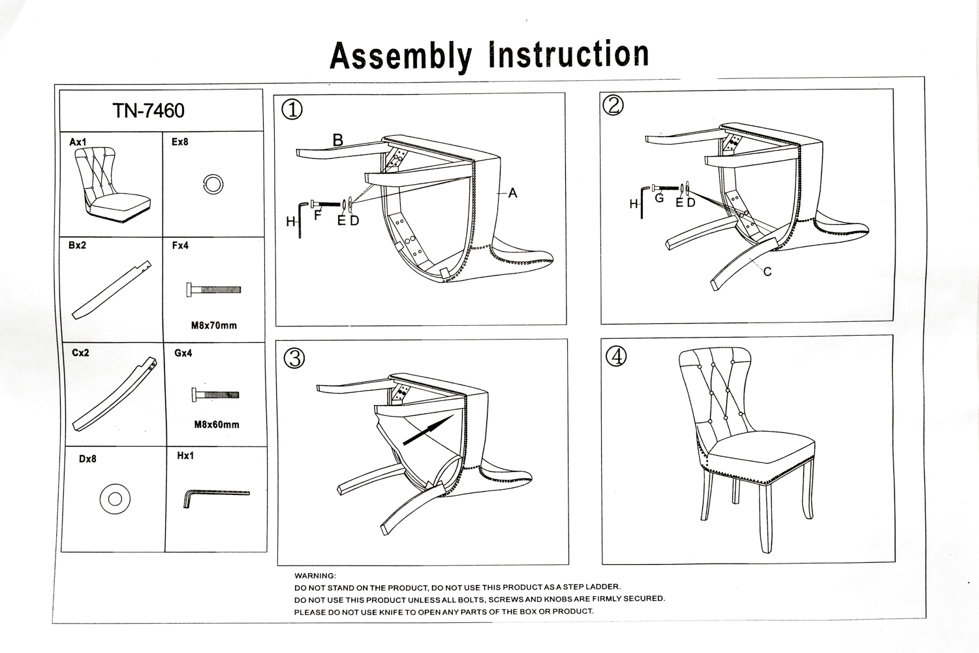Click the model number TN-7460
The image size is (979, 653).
[149, 111]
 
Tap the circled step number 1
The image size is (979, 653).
[292, 109]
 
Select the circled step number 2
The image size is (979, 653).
[613, 106]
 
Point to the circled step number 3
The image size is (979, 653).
[294, 358]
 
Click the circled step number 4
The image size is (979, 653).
[616, 356]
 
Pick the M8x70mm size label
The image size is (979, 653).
[214, 325]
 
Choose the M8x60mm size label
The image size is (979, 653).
[217, 424]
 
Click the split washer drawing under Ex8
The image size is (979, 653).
[213, 185]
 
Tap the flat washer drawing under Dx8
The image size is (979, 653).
[115, 499]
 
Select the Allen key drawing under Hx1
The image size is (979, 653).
[215, 496]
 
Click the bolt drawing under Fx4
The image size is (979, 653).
[214, 289]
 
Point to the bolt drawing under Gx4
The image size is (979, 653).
[216, 394]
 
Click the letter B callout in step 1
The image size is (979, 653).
[337, 140]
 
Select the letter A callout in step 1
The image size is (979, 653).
[513, 193]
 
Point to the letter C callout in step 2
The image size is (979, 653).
[768, 272]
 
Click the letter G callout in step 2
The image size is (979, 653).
[659, 198]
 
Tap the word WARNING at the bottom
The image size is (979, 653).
[315, 576]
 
